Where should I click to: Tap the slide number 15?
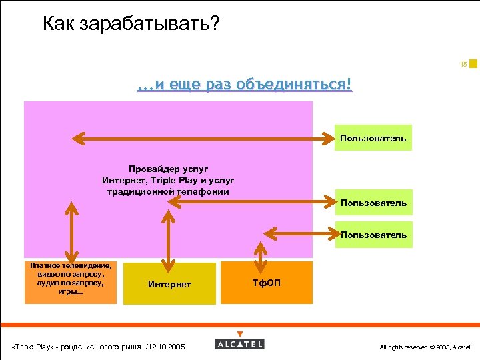463,65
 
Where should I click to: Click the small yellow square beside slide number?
473,64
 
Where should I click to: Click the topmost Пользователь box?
373,138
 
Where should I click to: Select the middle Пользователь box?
373,203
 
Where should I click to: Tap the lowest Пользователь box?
373,235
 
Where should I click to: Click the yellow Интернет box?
169,284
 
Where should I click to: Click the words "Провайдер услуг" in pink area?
168,169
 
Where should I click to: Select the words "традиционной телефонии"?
168,191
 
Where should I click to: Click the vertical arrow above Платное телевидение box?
70,231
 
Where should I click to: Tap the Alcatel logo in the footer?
239,343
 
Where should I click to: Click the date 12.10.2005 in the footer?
166,347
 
